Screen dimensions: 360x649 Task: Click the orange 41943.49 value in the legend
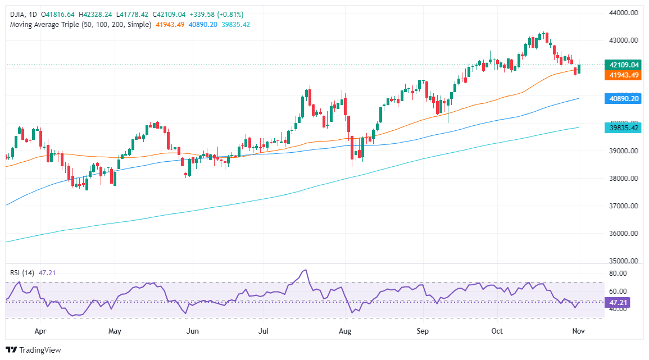click(x=169, y=25)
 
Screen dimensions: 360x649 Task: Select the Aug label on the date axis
click(x=345, y=331)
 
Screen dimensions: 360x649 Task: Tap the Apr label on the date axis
click(x=40, y=331)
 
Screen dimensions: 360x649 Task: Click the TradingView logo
click(x=34, y=350)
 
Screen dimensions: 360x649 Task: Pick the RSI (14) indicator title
click(x=23, y=273)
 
